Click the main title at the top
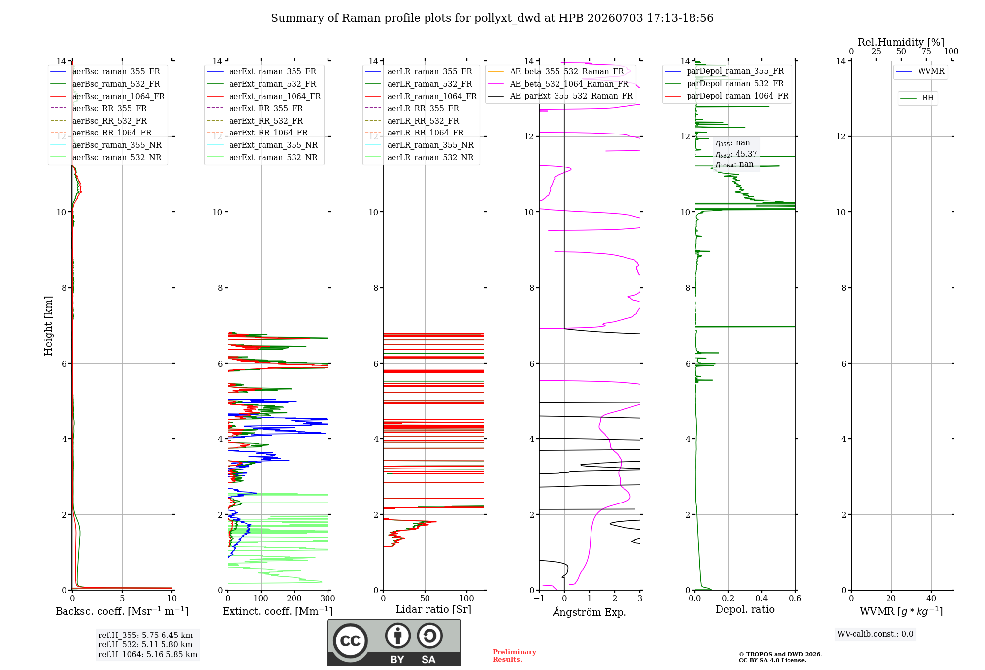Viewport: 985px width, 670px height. (492, 18)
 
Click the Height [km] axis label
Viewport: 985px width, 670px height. (48, 326)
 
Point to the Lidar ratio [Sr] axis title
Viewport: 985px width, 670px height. (433, 609)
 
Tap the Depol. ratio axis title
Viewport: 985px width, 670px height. (745, 609)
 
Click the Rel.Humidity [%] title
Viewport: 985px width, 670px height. (901, 42)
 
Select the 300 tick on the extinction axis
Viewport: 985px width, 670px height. (328, 598)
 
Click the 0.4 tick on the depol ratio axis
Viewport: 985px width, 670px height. (761, 598)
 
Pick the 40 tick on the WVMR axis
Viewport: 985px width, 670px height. (931, 598)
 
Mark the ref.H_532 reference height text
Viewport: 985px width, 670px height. (145, 644)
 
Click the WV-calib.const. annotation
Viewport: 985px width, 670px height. (875, 634)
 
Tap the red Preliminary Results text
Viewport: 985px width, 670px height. (515, 656)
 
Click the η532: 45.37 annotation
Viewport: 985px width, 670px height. (736, 154)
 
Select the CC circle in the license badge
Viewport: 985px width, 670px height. (350, 640)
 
